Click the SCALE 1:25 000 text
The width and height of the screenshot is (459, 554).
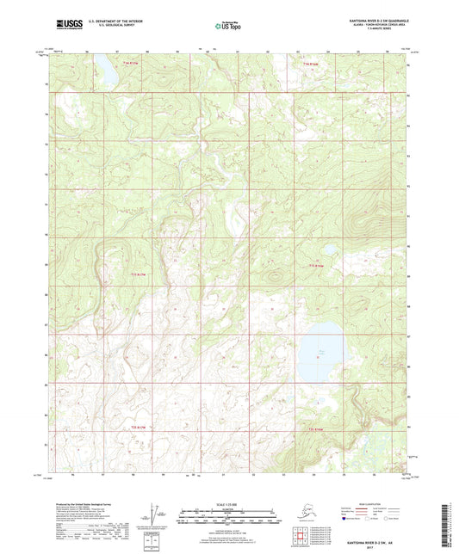[229, 503]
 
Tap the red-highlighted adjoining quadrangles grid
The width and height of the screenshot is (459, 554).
[302, 535]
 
